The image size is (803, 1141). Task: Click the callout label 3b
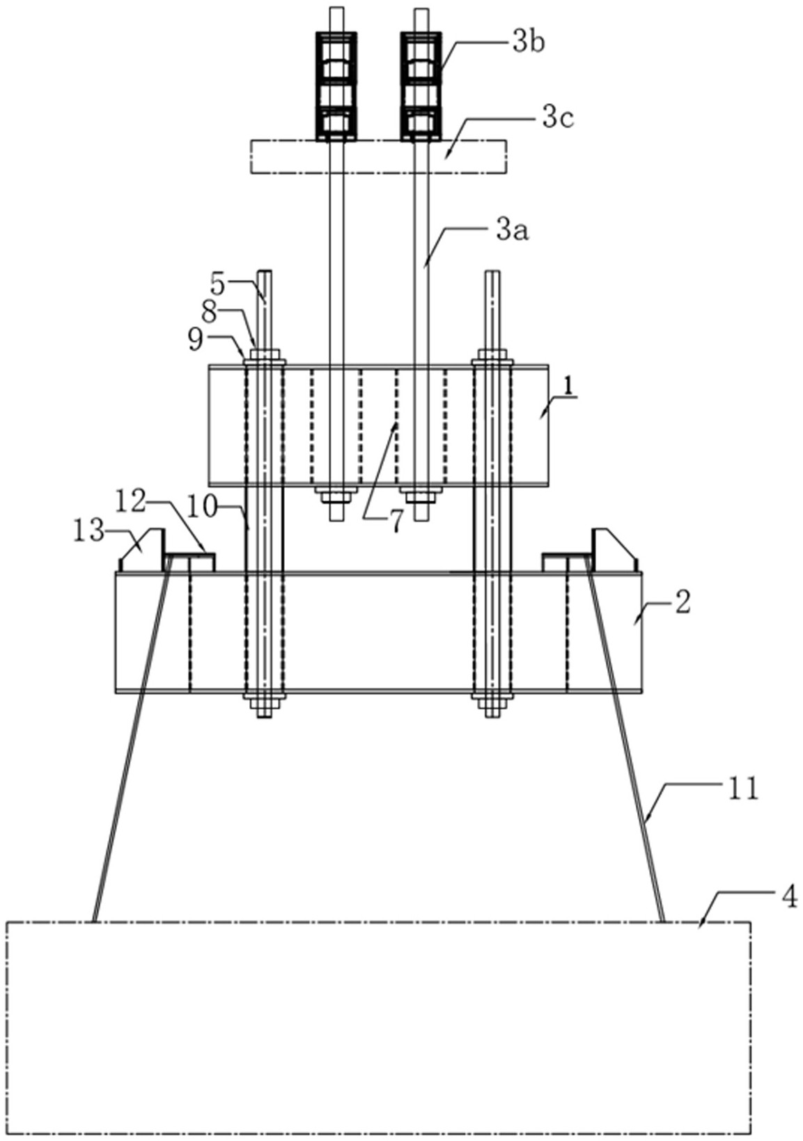coord(529,43)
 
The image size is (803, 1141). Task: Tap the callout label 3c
coord(558,119)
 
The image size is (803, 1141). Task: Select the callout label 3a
coord(513,232)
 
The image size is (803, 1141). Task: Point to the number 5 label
coord(219,285)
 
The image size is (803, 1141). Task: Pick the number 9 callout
coord(196,339)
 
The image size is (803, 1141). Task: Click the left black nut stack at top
coord(336,86)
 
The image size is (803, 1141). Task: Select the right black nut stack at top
coord(421,86)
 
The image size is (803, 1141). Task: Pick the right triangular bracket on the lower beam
coord(614,550)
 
